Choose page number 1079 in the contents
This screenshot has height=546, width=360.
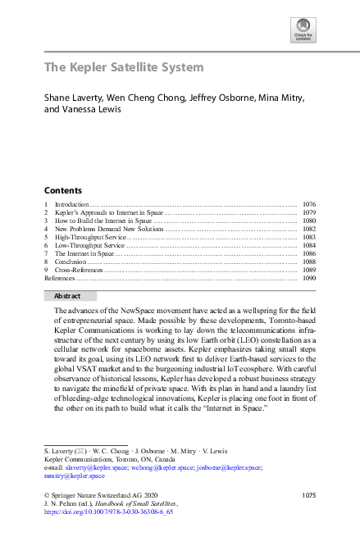tap(309, 212)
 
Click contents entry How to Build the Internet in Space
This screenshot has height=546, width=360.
tap(103, 221)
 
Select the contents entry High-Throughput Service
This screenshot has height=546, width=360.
tap(90, 237)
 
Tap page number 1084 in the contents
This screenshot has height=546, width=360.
tap(309, 245)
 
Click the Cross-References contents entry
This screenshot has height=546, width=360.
tap(80, 270)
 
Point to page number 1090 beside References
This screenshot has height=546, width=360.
tap(309, 279)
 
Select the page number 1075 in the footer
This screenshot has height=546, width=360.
tap(308, 495)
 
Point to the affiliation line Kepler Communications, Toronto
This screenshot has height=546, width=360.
tap(101, 460)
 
